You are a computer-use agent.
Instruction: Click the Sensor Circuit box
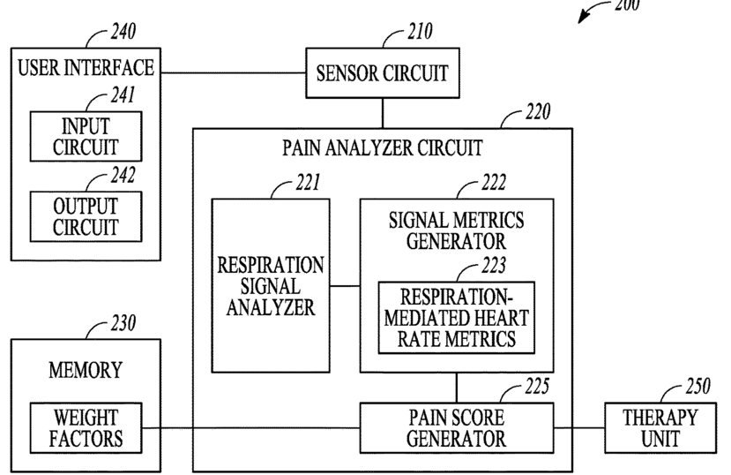383,72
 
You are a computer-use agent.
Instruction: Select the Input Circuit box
86,136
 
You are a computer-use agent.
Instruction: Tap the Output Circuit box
86,216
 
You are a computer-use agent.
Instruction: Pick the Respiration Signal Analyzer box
271,285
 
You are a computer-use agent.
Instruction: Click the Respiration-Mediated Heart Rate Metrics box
457,317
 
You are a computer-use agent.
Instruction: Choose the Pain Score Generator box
457,428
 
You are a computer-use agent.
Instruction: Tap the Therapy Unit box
660,428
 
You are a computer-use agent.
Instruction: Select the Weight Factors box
86,428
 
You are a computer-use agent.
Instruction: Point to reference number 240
123,32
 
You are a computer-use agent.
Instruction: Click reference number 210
420,31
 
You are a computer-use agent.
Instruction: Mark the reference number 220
538,111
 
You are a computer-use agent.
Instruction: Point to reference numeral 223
494,265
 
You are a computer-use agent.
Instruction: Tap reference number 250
697,386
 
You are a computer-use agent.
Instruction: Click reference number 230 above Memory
123,323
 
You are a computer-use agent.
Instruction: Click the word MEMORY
86,370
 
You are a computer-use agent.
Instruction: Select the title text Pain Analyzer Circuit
383,148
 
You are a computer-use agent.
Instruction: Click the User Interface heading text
86,68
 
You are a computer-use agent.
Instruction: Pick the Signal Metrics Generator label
457,231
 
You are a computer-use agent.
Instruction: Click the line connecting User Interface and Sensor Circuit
233,72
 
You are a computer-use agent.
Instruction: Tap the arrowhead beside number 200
583,18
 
